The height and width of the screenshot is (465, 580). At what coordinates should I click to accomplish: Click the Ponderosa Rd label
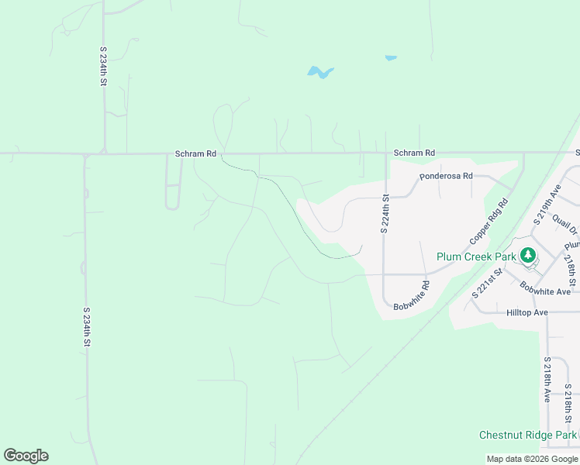[446, 176]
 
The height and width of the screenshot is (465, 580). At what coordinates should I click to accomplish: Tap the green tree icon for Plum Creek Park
[528, 255]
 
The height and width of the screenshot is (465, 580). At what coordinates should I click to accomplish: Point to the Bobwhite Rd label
[412, 296]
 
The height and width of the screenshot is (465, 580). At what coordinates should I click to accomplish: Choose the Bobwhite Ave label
[545, 290]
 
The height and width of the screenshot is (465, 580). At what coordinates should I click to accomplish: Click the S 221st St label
[487, 284]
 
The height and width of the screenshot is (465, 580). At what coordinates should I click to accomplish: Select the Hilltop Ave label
[526, 312]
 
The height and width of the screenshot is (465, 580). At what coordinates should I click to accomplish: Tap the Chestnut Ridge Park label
[527, 436]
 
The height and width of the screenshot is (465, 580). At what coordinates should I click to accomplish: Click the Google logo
[26, 455]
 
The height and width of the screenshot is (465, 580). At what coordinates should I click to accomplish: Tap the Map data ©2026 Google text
[532, 459]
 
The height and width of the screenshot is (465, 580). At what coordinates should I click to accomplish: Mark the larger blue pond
[319, 73]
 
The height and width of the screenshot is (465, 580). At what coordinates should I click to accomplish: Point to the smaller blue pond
[391, 57]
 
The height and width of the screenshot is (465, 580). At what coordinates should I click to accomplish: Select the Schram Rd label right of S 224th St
[414, 153]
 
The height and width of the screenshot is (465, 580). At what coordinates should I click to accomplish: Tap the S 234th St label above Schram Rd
[103, 65]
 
